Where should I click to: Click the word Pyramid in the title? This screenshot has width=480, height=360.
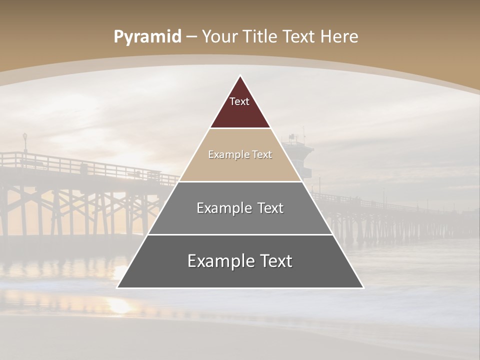pyautogui.click(x=147, y=37)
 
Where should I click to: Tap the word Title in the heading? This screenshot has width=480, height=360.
pyautogui.click(x=261, y=37)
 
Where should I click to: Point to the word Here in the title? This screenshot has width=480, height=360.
pyautogui.click(x=339, y=37)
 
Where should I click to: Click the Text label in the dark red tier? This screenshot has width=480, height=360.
pyautogui.click(x=239, y=101)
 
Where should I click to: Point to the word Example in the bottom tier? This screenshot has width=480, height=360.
pyautogui.click(x=219, y=261)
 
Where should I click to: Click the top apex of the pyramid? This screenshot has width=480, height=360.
pyautogui.click(x=240, y=76)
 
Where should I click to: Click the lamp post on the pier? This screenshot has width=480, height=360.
pyautogui.click(x=25, y=142)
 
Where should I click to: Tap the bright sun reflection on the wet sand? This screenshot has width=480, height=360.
pyautogui.click(x=120, y=305)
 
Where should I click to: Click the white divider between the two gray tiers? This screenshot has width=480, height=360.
pyautogui.click(x=240, y=234)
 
